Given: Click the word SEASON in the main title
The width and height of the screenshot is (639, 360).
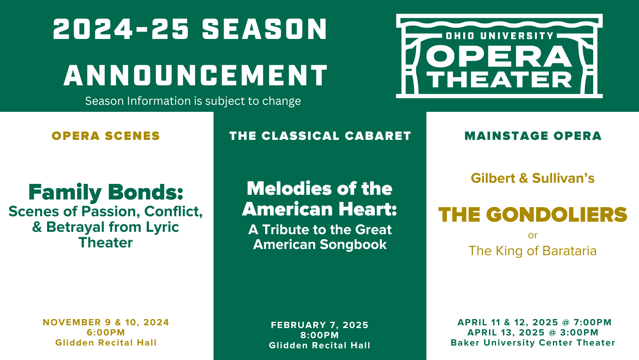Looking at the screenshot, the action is (x=265, y=29).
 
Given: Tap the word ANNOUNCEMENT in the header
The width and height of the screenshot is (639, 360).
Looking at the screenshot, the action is (x=196, y=75).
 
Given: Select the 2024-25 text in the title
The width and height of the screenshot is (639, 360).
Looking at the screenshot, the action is (x=121, y=29).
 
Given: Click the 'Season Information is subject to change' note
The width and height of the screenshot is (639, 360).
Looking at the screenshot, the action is (x=193, y=101).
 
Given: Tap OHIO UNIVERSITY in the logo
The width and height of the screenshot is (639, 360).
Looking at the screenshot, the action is (x=499, y=36).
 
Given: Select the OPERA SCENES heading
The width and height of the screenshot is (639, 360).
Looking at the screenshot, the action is (x=106, y=136).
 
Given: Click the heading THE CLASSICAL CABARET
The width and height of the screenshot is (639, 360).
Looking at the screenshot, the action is (x=320, y=136).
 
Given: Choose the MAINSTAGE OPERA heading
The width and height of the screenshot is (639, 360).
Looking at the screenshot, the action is (x=533, y=136).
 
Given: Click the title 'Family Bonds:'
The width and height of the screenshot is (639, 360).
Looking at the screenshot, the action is (x=106, y=192).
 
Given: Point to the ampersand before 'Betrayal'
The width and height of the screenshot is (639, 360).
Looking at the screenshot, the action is (x=37, y=227).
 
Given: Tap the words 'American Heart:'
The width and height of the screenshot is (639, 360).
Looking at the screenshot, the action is (x=319, y=209).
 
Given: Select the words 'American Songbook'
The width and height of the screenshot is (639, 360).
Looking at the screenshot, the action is (x=320, y=244).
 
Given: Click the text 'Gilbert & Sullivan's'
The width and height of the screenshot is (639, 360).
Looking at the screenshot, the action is (x=533, y=178).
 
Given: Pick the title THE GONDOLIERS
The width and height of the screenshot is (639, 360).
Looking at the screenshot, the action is (x=533, y=215).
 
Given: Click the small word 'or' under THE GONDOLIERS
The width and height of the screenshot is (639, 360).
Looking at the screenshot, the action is (x=533, y=235).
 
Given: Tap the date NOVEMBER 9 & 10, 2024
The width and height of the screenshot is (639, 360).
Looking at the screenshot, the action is (x=106, y=322).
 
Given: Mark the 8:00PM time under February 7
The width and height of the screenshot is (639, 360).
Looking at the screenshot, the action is (x=319, y=335).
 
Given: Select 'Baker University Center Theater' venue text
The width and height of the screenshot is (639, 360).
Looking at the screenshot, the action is (x=533, y=342).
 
